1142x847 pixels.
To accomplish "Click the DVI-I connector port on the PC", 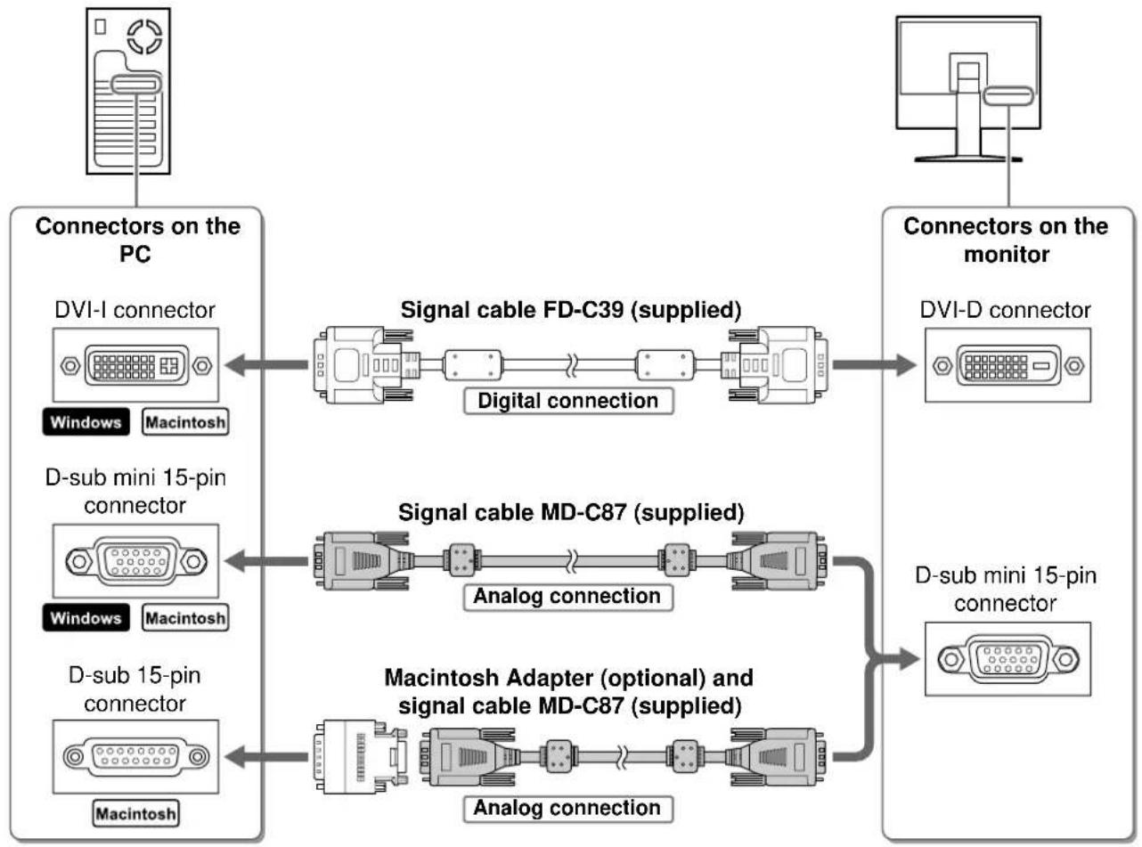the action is click(136, 365).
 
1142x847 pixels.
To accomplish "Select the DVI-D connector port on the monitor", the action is click(1007, 365).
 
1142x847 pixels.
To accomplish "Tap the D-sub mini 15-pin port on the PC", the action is click(136, 561).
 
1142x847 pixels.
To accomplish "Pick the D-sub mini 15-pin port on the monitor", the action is click(1007, 659).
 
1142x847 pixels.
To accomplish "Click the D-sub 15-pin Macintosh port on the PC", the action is click(136, 756).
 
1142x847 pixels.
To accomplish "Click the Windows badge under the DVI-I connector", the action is click(86, 421).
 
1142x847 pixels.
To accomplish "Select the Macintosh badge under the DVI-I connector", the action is click(185, 421).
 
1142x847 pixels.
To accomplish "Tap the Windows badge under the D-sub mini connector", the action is click(86, 617).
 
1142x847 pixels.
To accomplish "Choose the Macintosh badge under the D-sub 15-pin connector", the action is click(136, 813).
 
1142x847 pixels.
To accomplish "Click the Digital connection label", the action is click(568, 401).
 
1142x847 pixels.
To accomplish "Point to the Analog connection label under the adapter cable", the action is click(568, 808).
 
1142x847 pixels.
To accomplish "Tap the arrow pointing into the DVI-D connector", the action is click(874, 365).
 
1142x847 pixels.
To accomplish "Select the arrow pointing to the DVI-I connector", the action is click(266, 365).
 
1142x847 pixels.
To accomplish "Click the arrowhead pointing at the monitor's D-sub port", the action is click(909, 658).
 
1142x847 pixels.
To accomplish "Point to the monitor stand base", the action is click(968, 159).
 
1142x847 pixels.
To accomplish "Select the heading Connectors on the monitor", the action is click(1006, 240).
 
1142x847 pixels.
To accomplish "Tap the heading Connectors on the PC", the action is click(137, 240).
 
